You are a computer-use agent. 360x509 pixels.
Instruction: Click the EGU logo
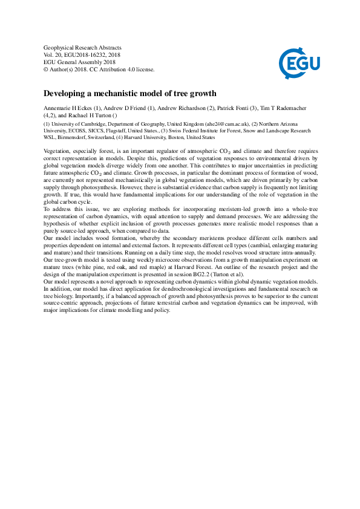299,60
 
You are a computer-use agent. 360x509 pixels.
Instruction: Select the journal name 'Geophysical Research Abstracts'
83,47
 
